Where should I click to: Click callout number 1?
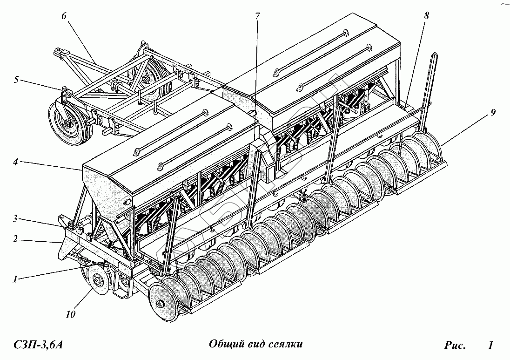click(x=15, y=279)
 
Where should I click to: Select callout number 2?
click(x=15, y=239)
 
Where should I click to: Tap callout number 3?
click(x=15, y=217)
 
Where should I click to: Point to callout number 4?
click(x=15, y=163)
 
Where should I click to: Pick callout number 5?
click(x=16, y=80)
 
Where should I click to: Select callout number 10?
click(x=70, y=314)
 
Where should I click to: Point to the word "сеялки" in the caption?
click(x=286, y=345)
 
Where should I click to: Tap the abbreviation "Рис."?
click(x=455, y=345)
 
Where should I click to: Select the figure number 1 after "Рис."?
click(x=490, y=345)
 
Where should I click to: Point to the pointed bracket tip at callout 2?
click(x=60, y=243)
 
